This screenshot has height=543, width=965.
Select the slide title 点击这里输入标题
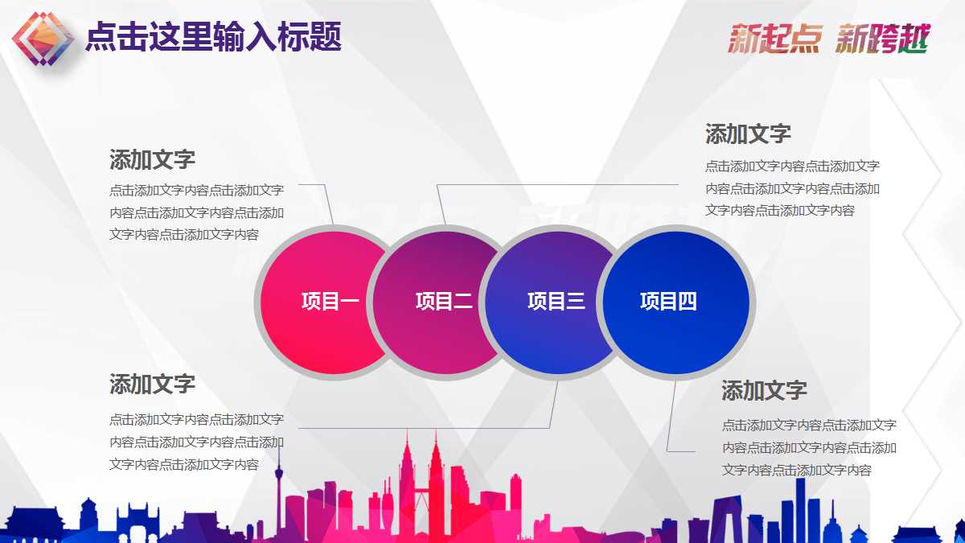[213, 37]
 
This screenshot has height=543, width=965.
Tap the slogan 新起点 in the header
[774, 39]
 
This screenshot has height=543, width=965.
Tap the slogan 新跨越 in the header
[882, 39]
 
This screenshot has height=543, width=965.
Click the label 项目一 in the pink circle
[330, 302]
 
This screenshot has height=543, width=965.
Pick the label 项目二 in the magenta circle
[444, 302]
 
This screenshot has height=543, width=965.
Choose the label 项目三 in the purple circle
[556, 302]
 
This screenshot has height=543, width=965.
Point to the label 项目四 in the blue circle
[668, 302]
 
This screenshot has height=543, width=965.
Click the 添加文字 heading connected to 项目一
[152, 159]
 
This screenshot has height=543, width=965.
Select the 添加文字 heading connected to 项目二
[748, 134]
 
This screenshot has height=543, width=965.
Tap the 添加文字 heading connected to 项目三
[152, 384]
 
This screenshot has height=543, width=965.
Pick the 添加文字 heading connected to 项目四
[764, 391]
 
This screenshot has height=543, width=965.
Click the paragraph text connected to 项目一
[196, 213]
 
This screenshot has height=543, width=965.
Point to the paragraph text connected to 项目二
[792, 188]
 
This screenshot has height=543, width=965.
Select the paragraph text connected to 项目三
[196, 442]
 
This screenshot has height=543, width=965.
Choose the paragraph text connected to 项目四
[809, 447]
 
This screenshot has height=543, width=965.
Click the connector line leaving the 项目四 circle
[670, 418]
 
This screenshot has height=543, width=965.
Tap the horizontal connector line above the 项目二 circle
[563, 185]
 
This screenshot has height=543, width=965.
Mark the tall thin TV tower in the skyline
[279, 483]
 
